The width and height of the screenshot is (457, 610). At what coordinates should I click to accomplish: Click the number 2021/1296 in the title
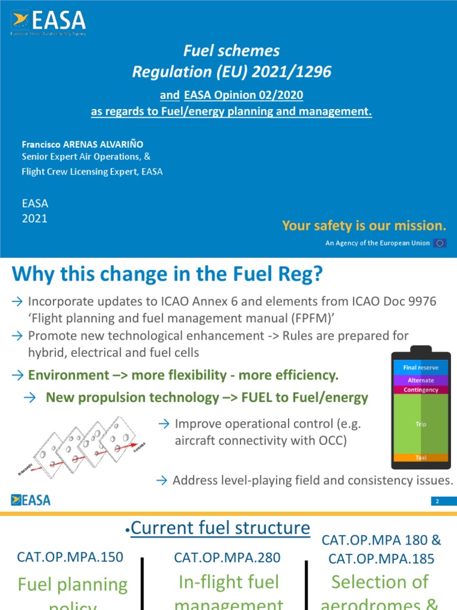coord(293,72)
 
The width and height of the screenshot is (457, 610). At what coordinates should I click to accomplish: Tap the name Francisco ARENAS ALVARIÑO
coord(82,144)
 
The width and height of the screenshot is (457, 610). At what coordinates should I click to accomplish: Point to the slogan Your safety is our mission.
coord(364,225)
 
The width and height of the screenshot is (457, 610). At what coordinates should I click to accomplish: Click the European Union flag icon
coord(440,243)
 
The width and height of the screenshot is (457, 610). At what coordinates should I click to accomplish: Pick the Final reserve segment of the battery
coord(421,368)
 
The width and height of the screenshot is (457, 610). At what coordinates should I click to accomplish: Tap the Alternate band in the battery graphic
coord(421,380)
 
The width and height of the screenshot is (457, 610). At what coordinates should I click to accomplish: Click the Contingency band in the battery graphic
coord(421,390)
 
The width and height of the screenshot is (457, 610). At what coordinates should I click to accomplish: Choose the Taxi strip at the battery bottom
coord(421,457)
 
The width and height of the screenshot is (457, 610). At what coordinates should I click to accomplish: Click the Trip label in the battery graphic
coord(421,424)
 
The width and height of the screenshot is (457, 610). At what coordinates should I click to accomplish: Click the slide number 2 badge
coord(437,502)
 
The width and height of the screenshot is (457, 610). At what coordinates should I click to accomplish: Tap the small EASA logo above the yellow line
coord(30,499)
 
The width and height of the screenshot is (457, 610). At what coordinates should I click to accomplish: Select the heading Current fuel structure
coord(220,528)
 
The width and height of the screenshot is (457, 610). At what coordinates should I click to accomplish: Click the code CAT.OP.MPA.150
coord(71,557)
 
